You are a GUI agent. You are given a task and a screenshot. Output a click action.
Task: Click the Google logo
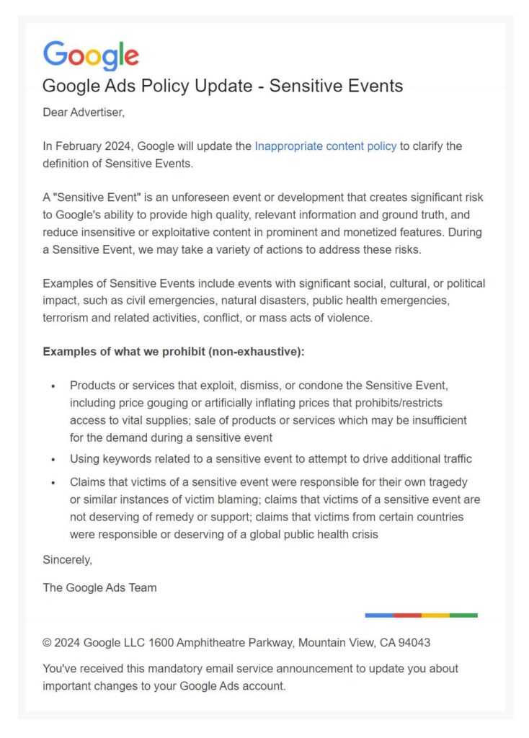pos(91,55)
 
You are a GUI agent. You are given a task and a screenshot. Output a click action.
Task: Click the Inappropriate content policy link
pos(325,146)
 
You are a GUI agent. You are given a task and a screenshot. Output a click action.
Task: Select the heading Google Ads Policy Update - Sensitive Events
pos(223,86)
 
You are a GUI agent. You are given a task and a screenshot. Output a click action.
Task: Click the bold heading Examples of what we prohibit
pos(174,352)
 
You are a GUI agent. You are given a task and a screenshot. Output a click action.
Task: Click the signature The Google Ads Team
pos(99,587)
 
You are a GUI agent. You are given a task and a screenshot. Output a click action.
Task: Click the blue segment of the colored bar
pos(379,615)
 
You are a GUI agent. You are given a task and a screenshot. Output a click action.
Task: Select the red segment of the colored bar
pos(407,615)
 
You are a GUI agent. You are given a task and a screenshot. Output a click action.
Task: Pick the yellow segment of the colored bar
pos(435,615)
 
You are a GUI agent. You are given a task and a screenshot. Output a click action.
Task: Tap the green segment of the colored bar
pos(463,615)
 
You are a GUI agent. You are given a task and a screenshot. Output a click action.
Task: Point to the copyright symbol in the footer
pos(47,642)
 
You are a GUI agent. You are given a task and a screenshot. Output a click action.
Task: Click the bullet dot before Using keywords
pos(53,460)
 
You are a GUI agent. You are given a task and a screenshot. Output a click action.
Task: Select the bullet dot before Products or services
pos(53,387)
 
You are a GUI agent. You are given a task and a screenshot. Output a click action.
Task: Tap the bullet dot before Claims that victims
pos(53,482)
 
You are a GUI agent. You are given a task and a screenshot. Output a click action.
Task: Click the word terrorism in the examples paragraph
pos(67,317)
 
